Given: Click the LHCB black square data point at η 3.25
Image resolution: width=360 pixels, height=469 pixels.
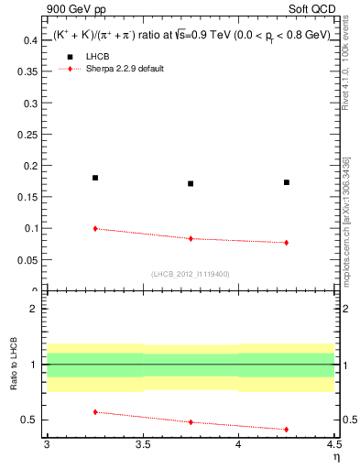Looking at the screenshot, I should [95, 178].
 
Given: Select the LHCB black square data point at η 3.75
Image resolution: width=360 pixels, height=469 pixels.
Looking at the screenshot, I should [191, 183].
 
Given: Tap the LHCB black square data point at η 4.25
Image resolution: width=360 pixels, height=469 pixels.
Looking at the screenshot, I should [287, 182].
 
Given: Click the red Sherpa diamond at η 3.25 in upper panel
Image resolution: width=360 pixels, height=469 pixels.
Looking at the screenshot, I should [95, 228].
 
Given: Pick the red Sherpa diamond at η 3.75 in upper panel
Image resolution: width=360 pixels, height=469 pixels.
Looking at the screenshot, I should [191, 238].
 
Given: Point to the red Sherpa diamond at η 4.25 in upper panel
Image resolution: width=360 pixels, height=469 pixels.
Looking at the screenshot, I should [287, 243].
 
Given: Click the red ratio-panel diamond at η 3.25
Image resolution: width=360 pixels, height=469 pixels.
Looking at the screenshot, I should [95, 412].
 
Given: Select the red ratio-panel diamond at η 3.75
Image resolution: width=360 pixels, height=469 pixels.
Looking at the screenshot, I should [191, 422].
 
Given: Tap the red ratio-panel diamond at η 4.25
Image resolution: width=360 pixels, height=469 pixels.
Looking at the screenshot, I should [287, 429].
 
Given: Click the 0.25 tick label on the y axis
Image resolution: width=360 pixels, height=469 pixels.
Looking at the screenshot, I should [28, 135].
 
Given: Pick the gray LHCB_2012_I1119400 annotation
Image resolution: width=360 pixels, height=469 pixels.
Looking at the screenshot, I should [190, 274].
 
